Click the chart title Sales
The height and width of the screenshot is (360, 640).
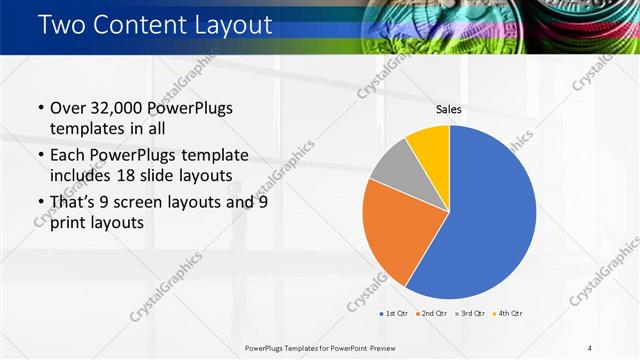click(448, 110)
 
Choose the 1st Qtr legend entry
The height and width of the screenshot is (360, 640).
click(395, 314)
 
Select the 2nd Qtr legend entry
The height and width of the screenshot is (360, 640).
click(431, 314)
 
